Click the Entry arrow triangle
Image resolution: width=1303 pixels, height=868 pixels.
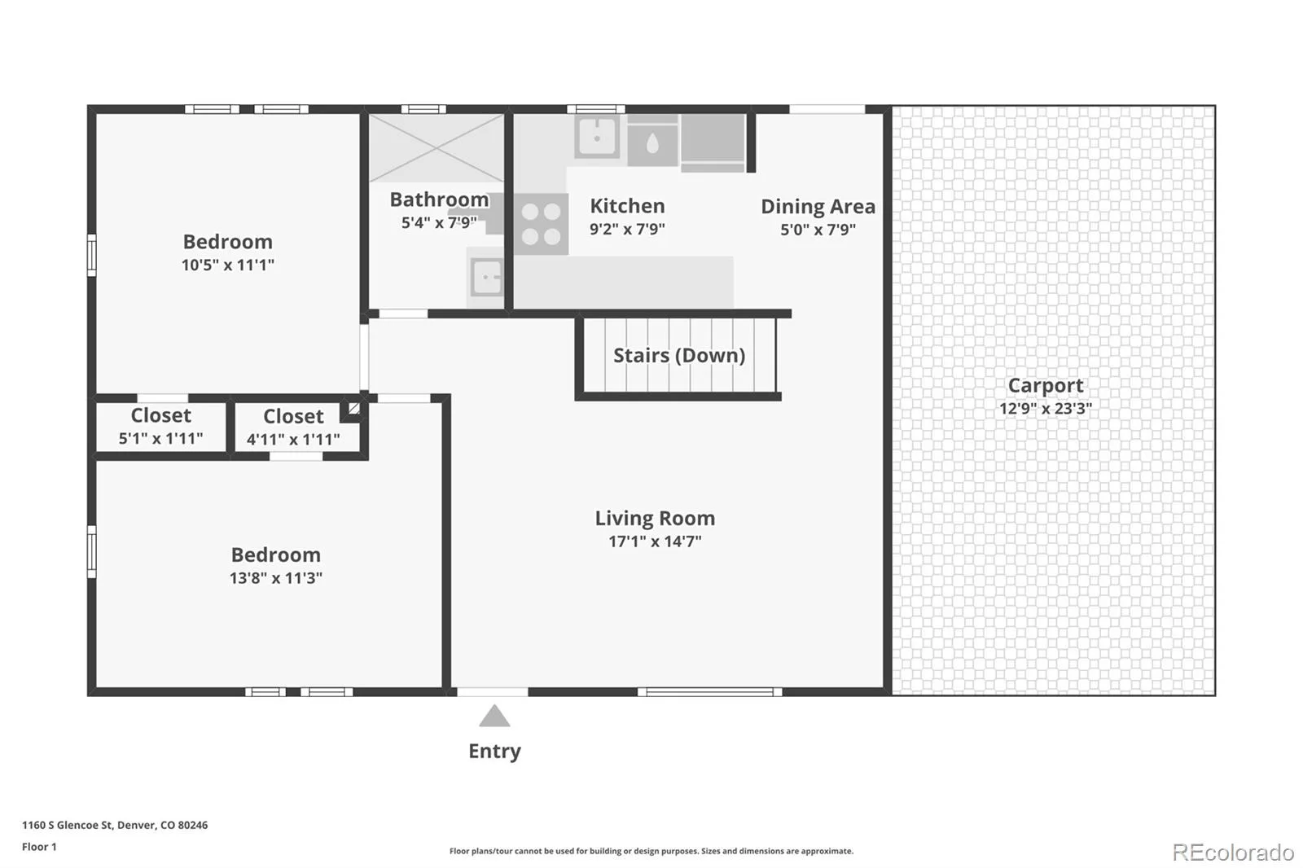click(494, 717)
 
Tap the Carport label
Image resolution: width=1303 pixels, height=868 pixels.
click(1046, 386)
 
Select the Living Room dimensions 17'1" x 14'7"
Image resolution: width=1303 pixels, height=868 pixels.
click(655, 541)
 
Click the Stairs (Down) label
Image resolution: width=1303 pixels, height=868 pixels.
click(679, 356)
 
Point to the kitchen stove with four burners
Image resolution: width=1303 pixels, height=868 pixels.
click(541, 224)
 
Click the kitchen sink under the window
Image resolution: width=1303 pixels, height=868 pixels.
click(597, 137)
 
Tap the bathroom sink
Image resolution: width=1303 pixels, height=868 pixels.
click(486, 278)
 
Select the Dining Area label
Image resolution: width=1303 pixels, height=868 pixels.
click(818, 207)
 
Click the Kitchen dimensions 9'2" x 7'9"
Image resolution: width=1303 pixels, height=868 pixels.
click(627, 229)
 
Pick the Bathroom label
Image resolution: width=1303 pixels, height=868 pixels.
click(439, 199)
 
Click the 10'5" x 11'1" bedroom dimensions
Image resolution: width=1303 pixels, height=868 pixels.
click(227, 265)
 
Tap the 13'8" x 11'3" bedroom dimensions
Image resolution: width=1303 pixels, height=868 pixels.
click(276, 578)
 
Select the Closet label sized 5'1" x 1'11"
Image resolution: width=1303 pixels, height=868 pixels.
click(160, 415)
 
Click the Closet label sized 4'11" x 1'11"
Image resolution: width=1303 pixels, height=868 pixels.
click(293, 417)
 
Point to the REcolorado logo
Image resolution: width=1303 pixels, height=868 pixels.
click(1233, 853)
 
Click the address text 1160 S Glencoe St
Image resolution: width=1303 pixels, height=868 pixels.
click(67, 825)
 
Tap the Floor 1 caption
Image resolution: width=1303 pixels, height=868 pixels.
click(39, 847)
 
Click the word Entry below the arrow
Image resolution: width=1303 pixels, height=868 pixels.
click(494, 751)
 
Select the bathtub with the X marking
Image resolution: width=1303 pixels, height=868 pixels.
click(437, 148)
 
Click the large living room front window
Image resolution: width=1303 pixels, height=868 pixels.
click(709, 692)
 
